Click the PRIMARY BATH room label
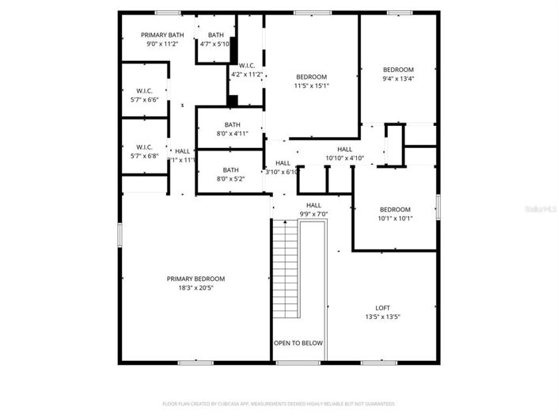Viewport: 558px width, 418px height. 162,35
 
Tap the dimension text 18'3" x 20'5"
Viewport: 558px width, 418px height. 195,287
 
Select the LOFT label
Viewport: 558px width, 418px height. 382,308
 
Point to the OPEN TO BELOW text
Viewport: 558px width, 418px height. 298,343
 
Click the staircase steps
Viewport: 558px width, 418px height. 286,269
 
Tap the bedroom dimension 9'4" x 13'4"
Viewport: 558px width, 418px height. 398,78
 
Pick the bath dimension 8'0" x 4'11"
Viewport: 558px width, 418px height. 232,134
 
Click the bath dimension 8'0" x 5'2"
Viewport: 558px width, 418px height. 230,179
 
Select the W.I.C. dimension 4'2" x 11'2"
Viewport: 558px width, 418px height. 245,74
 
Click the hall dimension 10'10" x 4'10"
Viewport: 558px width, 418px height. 344,158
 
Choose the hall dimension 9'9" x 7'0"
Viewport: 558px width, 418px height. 313,214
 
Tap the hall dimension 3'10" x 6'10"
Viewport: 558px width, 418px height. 282,172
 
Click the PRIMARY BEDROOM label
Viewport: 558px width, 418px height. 195,279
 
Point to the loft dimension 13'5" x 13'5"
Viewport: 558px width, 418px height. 382,317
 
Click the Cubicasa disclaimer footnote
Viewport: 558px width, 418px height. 279,404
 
